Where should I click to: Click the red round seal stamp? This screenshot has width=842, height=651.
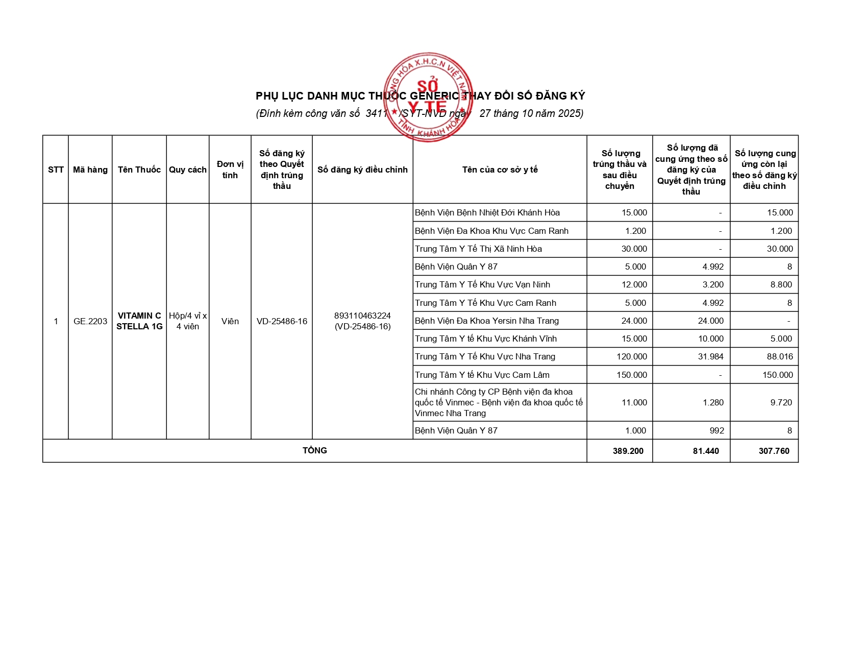pos(428,97)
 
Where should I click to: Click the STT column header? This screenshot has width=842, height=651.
pos(56,170)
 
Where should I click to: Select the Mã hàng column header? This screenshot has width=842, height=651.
pos(90,170)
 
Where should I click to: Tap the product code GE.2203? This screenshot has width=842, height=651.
pos(90,321)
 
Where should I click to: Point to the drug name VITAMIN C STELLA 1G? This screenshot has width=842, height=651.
pos(139,321)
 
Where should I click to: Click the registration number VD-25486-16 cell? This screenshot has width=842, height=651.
pos(282,321)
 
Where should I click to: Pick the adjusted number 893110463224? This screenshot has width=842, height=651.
pos(362,316)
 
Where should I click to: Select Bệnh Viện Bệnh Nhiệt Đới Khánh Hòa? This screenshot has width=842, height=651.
pos(487,212)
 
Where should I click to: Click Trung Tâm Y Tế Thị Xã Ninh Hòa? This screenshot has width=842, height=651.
pos(478,249)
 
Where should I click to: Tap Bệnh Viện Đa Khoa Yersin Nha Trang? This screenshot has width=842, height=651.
pos(487,321)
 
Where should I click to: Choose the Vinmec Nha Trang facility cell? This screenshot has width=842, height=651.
pos(499,402)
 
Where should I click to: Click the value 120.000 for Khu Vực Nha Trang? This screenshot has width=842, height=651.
pos(632,356)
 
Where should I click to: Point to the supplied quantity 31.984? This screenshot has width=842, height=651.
pos(711,356)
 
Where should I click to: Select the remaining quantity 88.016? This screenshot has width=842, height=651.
pos(780,356)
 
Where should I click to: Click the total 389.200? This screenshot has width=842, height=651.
pos(628,451)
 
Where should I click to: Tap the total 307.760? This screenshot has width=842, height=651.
pos(774,451)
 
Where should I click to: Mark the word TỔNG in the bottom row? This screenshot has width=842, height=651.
pos(315,450)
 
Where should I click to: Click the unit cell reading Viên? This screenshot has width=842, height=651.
pos(230,321)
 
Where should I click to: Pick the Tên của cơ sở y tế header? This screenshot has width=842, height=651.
pos(500,170)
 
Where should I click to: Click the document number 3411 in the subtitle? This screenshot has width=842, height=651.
pos(377,113)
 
